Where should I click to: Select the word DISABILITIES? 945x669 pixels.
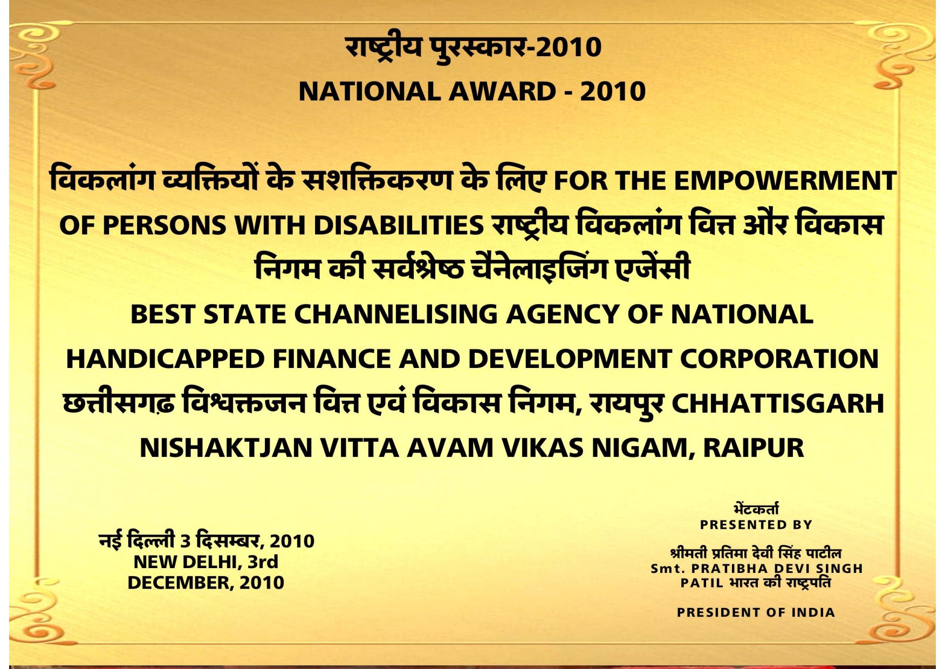399,225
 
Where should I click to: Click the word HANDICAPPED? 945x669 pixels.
165,359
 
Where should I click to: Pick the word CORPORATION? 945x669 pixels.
779,359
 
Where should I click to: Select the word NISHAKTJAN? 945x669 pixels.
226,448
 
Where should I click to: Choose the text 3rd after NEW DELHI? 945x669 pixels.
263,562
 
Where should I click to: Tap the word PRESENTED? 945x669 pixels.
737,524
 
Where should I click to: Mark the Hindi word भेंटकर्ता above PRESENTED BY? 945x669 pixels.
756,509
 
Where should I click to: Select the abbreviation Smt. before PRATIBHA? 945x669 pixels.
668,569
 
